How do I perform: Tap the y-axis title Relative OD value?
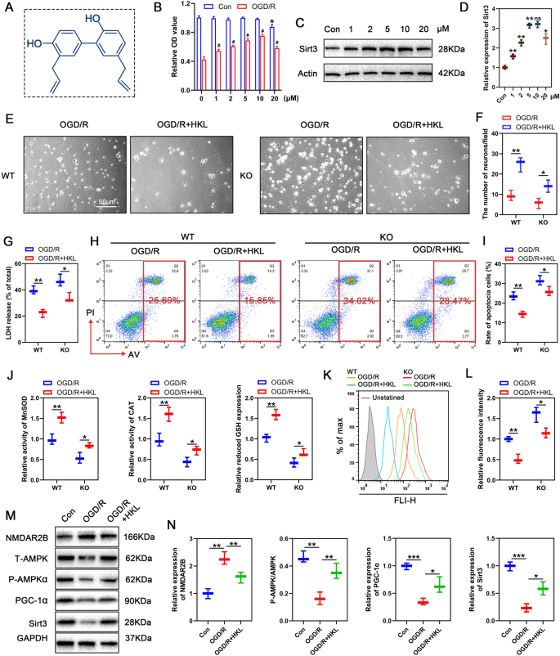[x=174, y=46]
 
